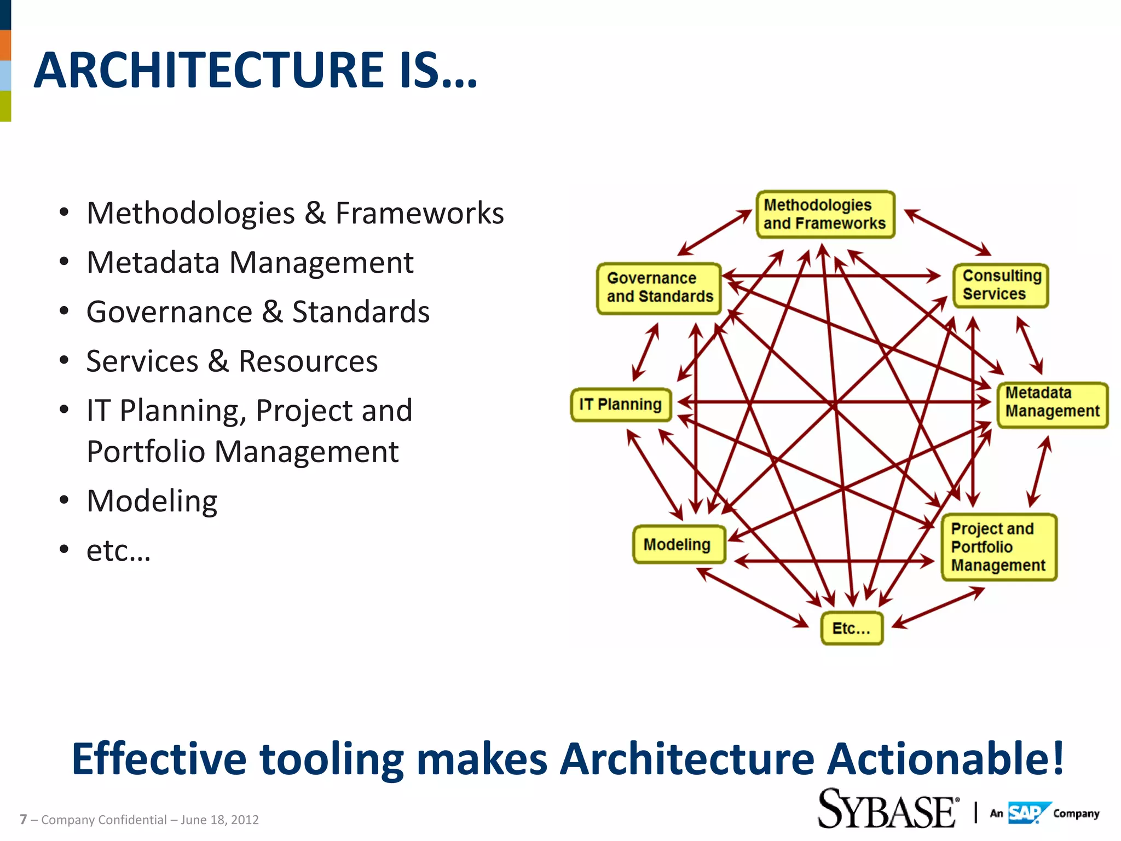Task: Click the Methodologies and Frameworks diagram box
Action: tap(825, 215)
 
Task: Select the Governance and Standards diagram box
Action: tap(659, 288)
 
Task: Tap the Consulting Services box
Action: tap(1001, 285)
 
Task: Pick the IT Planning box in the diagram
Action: tap(621, 405)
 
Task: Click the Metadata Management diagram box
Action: tap(1051, 405)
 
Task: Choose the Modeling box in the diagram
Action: tap(678, 544)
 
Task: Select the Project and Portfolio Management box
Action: tap(998, 547)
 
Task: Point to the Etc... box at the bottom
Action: tap(851, 628)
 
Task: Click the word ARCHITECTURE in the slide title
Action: tap(208, 70)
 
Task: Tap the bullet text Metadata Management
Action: tap(250, 262)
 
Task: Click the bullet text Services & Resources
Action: tap(232, 361)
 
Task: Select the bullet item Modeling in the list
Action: tap(152, 501)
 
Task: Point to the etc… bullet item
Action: tap(118, 550)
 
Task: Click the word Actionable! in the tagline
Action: tap(945, 759)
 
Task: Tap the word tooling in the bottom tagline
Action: tap(331, 759)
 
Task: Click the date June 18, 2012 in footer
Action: tap(219, 820)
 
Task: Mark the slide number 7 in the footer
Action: tap(23, 820)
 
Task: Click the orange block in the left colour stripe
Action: tap(5, 45)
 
